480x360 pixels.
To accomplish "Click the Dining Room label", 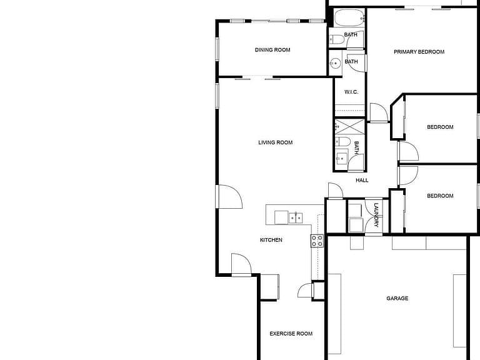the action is [x=272, y=50].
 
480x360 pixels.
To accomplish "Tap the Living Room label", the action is [x=275, y=142].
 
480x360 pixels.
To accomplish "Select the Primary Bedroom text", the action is [x=419, y=52].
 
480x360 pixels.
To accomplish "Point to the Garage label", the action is [x=397, y=298].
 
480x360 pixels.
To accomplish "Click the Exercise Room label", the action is [x=291, y=334].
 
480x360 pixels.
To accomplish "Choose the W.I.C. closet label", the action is [x=351, y=92].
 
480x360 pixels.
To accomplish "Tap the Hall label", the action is [x=362, y=180].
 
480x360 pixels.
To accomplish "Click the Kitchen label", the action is [x=271, y=240].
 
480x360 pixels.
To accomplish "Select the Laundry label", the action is [x=376, y=215].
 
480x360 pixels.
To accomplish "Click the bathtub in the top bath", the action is [x=349, y=18].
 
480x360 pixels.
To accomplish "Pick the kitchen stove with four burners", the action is [x=317, y=241].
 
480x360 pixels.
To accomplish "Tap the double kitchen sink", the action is [x=296, y=217].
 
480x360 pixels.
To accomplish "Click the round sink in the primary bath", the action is [x=335, y=63].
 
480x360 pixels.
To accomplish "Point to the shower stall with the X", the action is [x=350, y=127].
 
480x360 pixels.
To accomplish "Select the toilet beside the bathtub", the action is [x=337, y=39].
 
